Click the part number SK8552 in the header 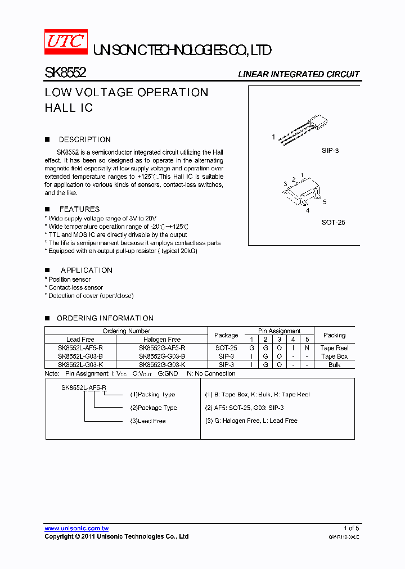click(x=65, y=73)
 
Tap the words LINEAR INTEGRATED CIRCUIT click(x=298, y=74)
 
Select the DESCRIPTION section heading click(x=84, y=139)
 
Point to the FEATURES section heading click(x=79, y=209)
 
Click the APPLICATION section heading click(x=86, y=270)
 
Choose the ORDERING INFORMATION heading click(x=105, y=318)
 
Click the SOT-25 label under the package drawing click(x=333, y=222)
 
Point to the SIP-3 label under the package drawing click(x=330, y=151)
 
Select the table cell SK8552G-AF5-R click(x=162, y=348)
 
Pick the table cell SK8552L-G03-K click(x=80, y=365)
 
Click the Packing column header click(x=334, y=335)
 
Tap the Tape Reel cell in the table click(x=334, y=348)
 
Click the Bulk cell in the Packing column click(x=334, y=365)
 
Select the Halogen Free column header click(x=162, y=340)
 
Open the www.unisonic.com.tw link click(x=76, y=529)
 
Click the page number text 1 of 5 click(x=351, y=528)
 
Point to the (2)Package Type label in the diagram click(x=154, y=408)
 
